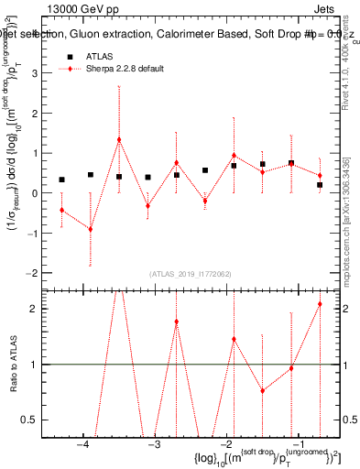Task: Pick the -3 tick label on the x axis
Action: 154,445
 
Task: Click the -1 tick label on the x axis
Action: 297,445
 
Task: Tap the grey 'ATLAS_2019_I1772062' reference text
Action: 191,274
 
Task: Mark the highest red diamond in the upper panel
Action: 119,139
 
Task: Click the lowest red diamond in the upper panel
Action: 90,229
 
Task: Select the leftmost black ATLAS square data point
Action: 61,180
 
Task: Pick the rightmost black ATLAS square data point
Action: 320,185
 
